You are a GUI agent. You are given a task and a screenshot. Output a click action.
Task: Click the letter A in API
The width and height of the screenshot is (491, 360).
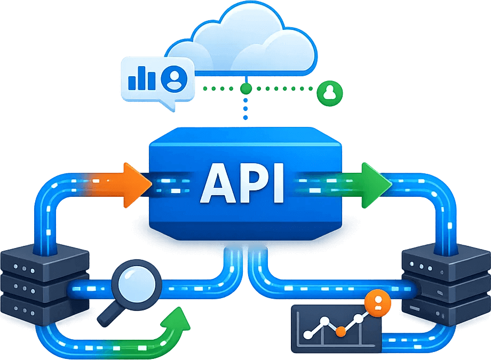pyautogui.click(x=220, y=184)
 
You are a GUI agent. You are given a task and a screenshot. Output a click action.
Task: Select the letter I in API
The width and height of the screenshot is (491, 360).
pyautogui.click(x=279, y=184)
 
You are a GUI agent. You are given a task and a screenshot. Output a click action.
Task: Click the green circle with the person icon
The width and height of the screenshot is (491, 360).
pyautogui.click(x=329, y=92)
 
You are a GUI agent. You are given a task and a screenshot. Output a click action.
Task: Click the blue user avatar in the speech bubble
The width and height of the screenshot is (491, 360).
pyautogui.click(x=173, y=78)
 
